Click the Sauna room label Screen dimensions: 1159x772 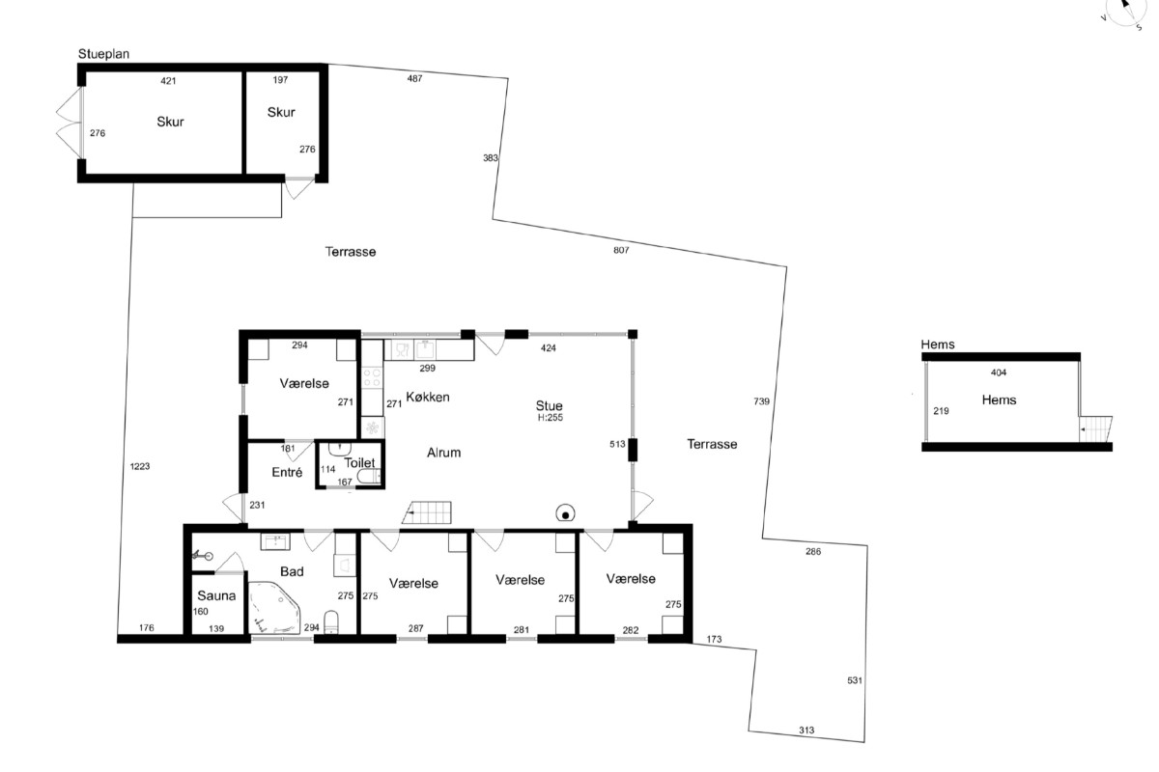216,595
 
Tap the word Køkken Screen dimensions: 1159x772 427,398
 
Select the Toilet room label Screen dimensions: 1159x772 359,463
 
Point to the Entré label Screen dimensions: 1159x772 287,472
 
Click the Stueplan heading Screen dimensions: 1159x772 103,54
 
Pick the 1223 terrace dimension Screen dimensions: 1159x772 140,466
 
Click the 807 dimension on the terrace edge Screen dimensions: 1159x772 621,250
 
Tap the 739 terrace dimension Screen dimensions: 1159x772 761,401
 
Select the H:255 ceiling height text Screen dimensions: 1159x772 550,418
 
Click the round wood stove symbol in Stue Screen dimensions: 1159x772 566,514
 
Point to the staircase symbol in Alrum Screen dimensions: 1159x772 427,512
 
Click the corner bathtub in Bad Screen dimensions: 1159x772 274,608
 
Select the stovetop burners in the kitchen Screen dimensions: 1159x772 372,376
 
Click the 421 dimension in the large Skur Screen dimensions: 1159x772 168,81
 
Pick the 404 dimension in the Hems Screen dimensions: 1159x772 998,372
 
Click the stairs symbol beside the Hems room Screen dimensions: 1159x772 1095,429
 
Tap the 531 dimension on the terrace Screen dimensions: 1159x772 855,680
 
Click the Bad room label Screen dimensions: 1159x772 292,571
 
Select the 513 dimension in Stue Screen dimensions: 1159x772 617,444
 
